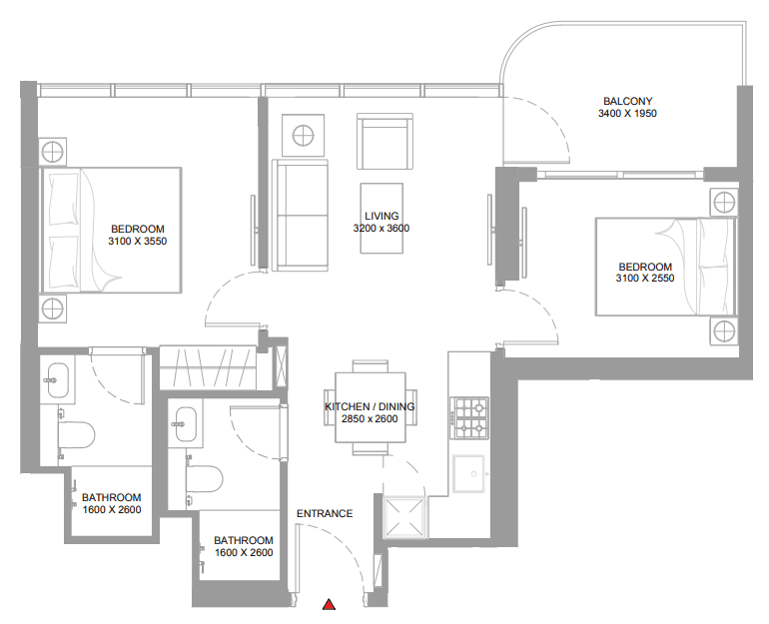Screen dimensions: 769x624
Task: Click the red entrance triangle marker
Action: [330, 604]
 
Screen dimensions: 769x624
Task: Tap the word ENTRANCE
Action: [325, 513]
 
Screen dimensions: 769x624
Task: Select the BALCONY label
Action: [628, 101]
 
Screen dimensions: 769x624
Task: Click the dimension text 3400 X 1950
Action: [627, 113]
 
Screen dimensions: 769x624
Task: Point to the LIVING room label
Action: [382, 216]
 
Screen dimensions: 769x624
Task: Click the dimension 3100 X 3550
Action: [138, 242]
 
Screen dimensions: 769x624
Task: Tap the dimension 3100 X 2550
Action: [645, 279]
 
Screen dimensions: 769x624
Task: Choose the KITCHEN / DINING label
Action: [370, 406]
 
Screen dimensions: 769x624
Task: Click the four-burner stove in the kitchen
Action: [470, 418]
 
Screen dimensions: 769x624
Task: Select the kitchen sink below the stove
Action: [468, 474]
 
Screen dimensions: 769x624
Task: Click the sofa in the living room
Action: [301, 216]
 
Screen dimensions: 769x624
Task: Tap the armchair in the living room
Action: [384, 142]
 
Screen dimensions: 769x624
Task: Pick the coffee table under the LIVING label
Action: [382, 218]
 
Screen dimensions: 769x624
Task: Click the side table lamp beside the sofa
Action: [303, 136]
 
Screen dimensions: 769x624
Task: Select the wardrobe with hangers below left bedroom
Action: [208, 368]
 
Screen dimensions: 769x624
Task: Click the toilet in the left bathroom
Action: [77, 434]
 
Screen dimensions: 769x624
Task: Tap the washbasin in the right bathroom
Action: [186, 424]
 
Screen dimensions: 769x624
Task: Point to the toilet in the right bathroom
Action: [205, 479]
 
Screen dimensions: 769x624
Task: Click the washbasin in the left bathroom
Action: [58, 379]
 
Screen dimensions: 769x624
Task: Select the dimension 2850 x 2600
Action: [370, 419]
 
